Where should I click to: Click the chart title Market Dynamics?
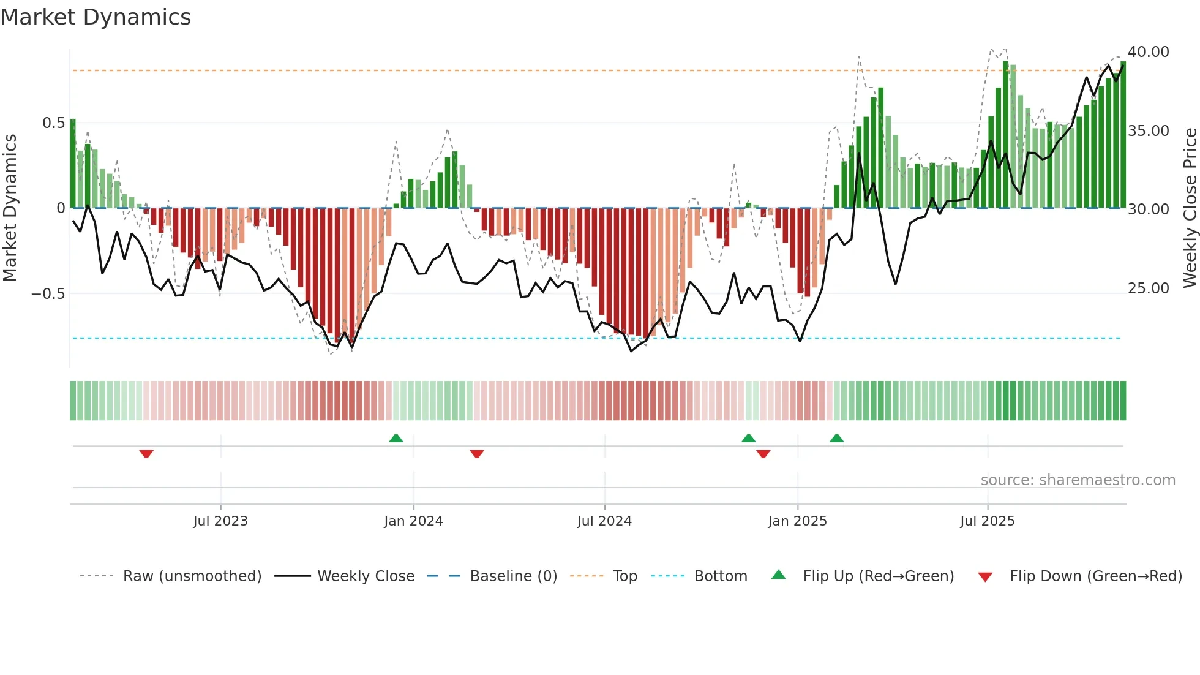point(96,17)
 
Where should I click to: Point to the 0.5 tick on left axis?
point(53,123)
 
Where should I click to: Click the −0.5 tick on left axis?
point(48,294)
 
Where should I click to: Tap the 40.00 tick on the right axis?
point(1148,52)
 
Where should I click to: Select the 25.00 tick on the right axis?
point(1148,288)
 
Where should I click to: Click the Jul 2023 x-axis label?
point(220,521)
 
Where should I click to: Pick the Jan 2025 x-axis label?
point(797,521)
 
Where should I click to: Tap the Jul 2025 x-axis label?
point(987,521)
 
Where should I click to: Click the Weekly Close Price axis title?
point(1190,208)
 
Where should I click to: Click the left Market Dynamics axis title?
point(10,208)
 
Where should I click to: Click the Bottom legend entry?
point(720,576)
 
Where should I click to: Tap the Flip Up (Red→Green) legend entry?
point(878,576)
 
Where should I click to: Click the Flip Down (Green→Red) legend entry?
point(1095,576)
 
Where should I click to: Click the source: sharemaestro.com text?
point(1078,480)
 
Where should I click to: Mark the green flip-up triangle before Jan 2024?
point(396,438)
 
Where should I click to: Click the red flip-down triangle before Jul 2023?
point(146,454)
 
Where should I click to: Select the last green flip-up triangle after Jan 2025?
point(836,438)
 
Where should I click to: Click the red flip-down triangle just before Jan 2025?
point(763,454)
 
